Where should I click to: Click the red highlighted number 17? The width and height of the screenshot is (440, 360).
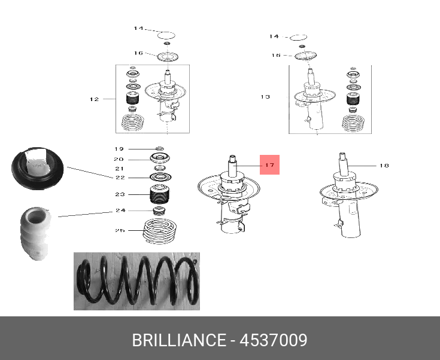point(269,164)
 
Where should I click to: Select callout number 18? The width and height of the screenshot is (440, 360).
point(384,165)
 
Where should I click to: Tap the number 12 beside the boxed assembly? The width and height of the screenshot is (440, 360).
point(94,99)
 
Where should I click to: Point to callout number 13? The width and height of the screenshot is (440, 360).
point(266,96)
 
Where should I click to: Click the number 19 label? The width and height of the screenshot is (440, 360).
point(119,148)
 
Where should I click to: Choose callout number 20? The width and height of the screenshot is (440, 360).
point(119,159)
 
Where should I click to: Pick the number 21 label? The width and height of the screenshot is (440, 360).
point(119,169)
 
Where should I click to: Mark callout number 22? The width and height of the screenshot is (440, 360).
point(120,178)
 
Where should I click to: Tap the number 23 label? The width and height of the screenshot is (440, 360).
point(120,194)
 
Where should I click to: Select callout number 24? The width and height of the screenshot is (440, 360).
point(120,210)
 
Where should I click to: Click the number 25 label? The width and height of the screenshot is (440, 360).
point(120,230)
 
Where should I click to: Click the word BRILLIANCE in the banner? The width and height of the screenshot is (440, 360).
point(179,341)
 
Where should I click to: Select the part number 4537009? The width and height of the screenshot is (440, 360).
point(274,341)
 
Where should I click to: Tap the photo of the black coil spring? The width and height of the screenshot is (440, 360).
point(136,281)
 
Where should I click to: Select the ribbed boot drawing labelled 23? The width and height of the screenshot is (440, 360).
point(160,195)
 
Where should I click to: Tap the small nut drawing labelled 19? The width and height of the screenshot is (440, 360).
point(159,148)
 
